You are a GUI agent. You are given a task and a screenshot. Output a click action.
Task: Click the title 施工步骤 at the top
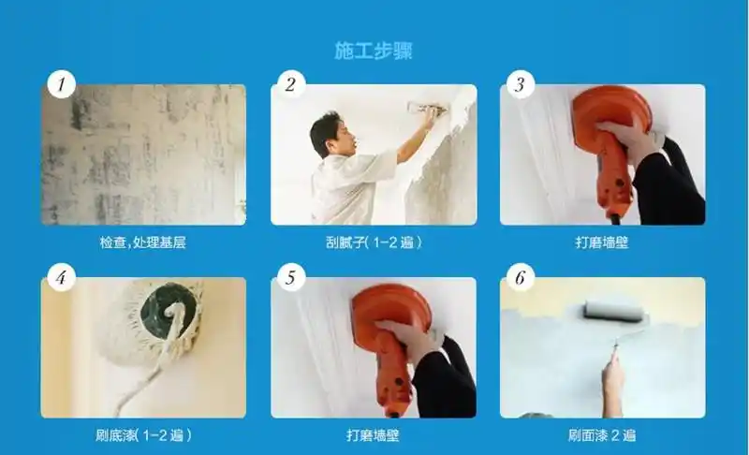pyautogui.click(x=374, y=51)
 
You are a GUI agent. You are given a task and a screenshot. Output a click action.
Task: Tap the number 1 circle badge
pyautogui.click(x=61, y=85)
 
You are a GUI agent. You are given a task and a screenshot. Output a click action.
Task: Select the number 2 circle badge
pyautogui.click(x=290, y=85)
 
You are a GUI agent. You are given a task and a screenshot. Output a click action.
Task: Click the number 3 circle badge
pyautogui.click(x=520, y=85)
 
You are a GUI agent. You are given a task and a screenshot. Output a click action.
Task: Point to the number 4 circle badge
pyautogui.click(x=61, y=277)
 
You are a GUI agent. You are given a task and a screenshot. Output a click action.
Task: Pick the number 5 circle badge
pyautogui.click(x=290, y=277)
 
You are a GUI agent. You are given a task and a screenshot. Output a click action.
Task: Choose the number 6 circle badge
pyautogui.click(x=520, y=277)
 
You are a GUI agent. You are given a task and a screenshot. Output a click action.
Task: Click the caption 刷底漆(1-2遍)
pyautogui.click(x=142, y=434)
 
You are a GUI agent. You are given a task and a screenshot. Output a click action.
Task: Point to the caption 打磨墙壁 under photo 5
pyautogui.click(x=373, y=434)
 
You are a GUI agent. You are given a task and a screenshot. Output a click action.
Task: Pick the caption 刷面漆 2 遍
pyautogui.click(x=602, y=434)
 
